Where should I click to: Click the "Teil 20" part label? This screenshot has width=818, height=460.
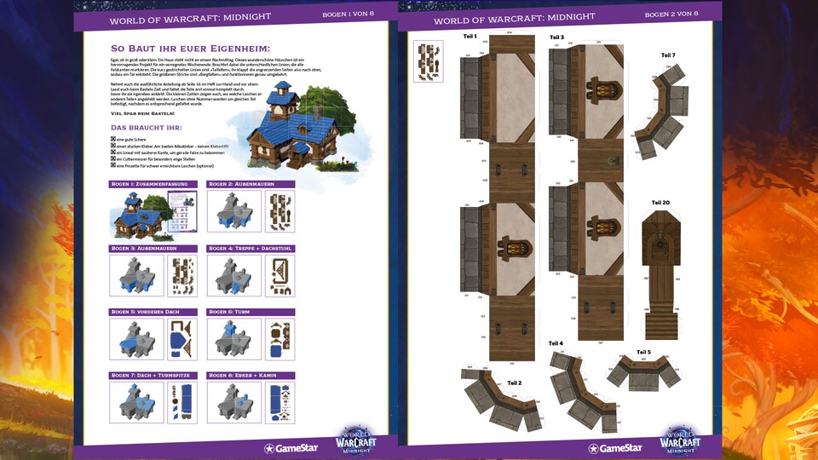tap(660, 202)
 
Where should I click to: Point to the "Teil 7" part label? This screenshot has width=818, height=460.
tap(668, 55)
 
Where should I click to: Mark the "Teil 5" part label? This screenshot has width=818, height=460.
tap(643, 352)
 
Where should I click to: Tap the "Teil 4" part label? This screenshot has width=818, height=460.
tap(556, 342)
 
